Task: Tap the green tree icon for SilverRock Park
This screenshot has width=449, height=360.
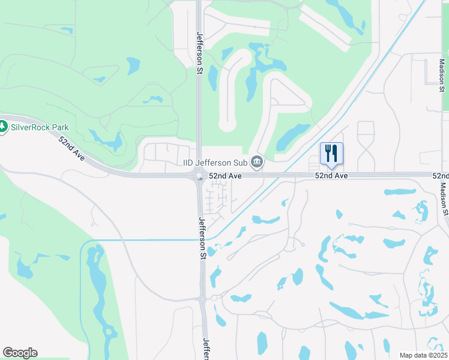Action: tap(4, 127)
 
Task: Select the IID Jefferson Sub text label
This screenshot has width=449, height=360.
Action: tap(216, 161)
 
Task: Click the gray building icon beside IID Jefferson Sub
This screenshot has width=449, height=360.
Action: tap(258, 161)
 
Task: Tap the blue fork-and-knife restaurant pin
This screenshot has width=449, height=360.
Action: tap(331, 154)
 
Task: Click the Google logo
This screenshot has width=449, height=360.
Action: tap(20, 353)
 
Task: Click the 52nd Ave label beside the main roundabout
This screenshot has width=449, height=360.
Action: tap(225, 176)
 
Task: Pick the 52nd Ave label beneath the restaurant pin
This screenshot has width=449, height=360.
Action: tap(332, 176)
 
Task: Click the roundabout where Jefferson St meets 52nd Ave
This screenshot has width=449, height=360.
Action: tap(200, 176)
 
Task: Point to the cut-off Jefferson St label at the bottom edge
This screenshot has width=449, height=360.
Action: tap(206, 349)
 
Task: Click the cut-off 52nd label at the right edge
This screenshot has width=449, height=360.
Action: tap(442, 176)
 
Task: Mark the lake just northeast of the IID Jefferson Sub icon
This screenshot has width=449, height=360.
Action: tap(293, 137)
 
